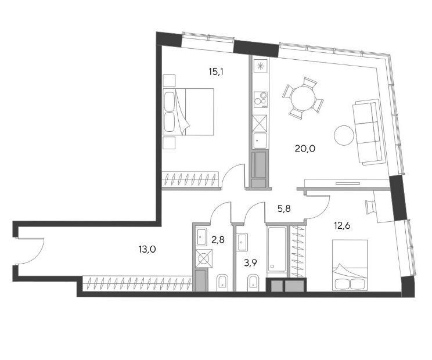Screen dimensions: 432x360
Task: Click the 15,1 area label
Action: pos(216,72)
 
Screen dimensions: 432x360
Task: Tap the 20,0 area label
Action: pos(305,149)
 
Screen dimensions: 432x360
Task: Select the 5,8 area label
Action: pos(284,209)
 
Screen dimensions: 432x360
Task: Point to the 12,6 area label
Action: pos(342,226)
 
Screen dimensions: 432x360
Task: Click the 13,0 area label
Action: pos(147,250)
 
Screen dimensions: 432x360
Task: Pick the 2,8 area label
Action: pos(218,239)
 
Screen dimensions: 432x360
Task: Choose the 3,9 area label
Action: pos(250,263)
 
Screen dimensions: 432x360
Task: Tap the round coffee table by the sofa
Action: pos(344,135)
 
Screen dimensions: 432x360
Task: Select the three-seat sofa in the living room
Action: pos(369,132)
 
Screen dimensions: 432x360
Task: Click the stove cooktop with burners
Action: pos(261,99)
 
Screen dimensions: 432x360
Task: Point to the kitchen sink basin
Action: pos(260,141)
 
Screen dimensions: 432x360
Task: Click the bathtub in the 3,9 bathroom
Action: pos(276,249)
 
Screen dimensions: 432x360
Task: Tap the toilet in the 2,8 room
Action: pos(222,283)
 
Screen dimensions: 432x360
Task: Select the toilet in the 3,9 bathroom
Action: pos(253,283)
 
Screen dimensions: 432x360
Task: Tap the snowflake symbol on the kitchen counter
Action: pos(260,66)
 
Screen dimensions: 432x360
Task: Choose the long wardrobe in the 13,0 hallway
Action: pos(137,284)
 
